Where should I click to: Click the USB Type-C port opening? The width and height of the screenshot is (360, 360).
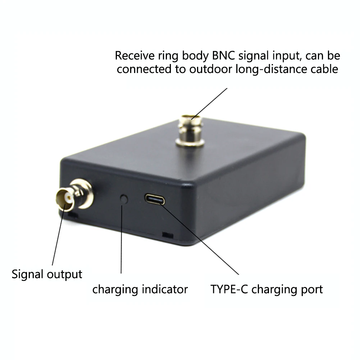tap(155, 199)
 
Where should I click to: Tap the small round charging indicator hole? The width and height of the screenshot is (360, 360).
tap(124, 199)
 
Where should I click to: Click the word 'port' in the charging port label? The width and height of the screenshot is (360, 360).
tap(311, 290)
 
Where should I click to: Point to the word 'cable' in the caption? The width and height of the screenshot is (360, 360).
tap(324, 69)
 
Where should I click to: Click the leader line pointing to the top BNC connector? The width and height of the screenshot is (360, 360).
tap(210, 102)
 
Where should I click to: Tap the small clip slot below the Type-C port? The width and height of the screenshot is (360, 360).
tap(167, 235)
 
